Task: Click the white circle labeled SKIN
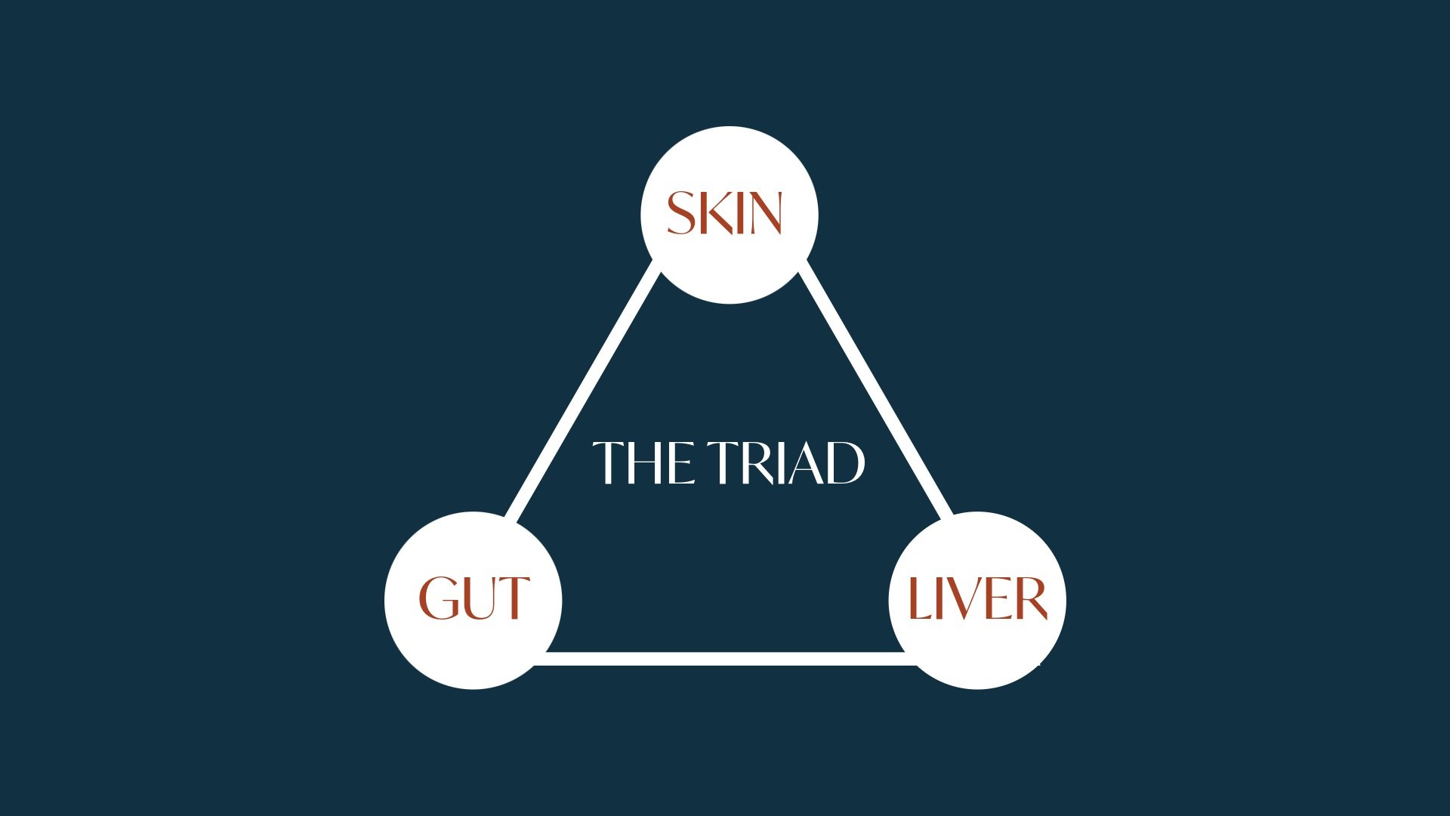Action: pyautogui.click(x=730, y=215)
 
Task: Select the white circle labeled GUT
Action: pyautogui.click(x=474, y=601)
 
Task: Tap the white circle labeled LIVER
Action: pyautogui.click(x=977, y=601)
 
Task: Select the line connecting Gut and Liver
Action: pyautogui.click(x=725, y=659)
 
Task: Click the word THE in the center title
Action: pyautogui.click(x=643, y=462)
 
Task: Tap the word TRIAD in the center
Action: pyautogui.click(x=786, y=462)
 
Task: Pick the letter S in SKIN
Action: pyautogui.click(x=680, y=213)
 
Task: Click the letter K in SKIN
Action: pyautogui.click(x=715, y=213)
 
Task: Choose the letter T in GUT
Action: pyautogui.click(x=514, y=598)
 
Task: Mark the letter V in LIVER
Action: pyautogui.click(x=960, y=598)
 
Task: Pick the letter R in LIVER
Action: pyautogui.click(x=1029, y=598)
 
